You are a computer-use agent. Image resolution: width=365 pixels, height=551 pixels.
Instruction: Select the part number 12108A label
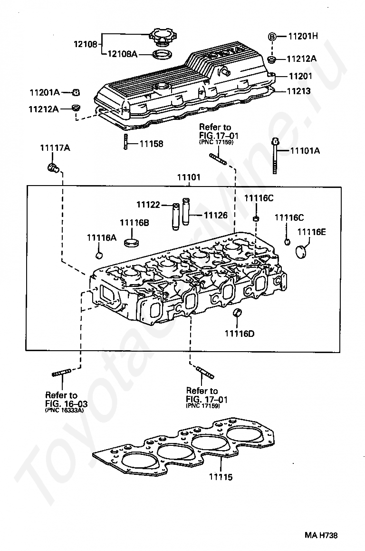(x=122, y=54)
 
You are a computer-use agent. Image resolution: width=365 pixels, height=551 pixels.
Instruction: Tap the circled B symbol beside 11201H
(x=272, y=36)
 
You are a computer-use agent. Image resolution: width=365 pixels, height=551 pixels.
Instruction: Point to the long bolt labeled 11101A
(x=275, y=155)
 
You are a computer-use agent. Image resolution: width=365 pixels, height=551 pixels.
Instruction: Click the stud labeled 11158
(x=125, y=141)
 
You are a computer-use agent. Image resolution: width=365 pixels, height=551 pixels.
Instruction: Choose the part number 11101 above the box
(x=189, y=177)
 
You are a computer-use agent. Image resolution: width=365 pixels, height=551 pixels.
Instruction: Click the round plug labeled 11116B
(x=132, y=242)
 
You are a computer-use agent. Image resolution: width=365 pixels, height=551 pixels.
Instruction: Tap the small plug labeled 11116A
(x=99, y=255)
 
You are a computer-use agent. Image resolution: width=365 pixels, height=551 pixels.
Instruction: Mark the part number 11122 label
(x=148, y=205)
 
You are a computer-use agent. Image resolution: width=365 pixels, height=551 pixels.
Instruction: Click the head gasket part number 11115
(x=221, y=477)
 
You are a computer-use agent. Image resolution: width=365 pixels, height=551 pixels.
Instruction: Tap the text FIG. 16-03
(x=67, y=404)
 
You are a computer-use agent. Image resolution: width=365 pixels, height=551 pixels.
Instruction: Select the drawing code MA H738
(x=321, y=535)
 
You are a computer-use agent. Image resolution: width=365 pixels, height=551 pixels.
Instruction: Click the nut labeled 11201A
(x=76, y=93)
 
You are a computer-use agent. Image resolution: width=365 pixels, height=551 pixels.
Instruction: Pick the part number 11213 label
(x=298, y=91)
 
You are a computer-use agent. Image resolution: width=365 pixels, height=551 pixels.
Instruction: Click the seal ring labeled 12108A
(x=162, y=54)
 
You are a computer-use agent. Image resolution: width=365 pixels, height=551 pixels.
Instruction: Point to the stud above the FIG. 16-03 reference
(x=61, y=373)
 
